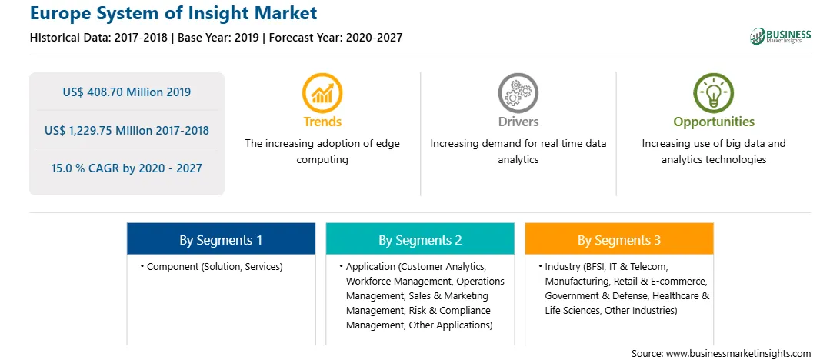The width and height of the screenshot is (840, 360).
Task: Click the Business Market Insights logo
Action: pyautogui.click(x=780, y=36)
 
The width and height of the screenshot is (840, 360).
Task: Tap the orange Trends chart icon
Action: pyautogui.click(x=322, y=93)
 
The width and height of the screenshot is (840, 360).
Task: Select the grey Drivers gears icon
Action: pyautogui.click(x=518, y=93)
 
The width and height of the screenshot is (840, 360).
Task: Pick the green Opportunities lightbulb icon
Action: pyautogui.click(x=714, y=93)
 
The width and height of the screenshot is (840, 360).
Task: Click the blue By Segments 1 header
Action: pyautogui.click(x=221, y=239)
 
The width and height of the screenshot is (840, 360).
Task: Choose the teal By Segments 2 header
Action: pyautogui.click(x=420, y=239)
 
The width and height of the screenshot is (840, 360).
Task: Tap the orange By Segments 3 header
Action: pyautogui.click(x=618, y=239)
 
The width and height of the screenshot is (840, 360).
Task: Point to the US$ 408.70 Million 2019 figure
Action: pyautogui.click(x=126, y=92)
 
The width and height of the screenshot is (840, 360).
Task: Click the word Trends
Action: pyautogui.click(x=322, y=122)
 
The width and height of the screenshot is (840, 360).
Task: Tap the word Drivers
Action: pyautogui.click(x=518, y=122)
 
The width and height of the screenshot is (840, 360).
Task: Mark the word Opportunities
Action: pyautogui.click(x=714, y=122)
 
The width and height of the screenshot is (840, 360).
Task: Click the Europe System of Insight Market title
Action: pyautogui.click(x=174, y=13)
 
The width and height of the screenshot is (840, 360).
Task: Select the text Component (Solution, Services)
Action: pyautogui.click(x=215, y=266)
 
